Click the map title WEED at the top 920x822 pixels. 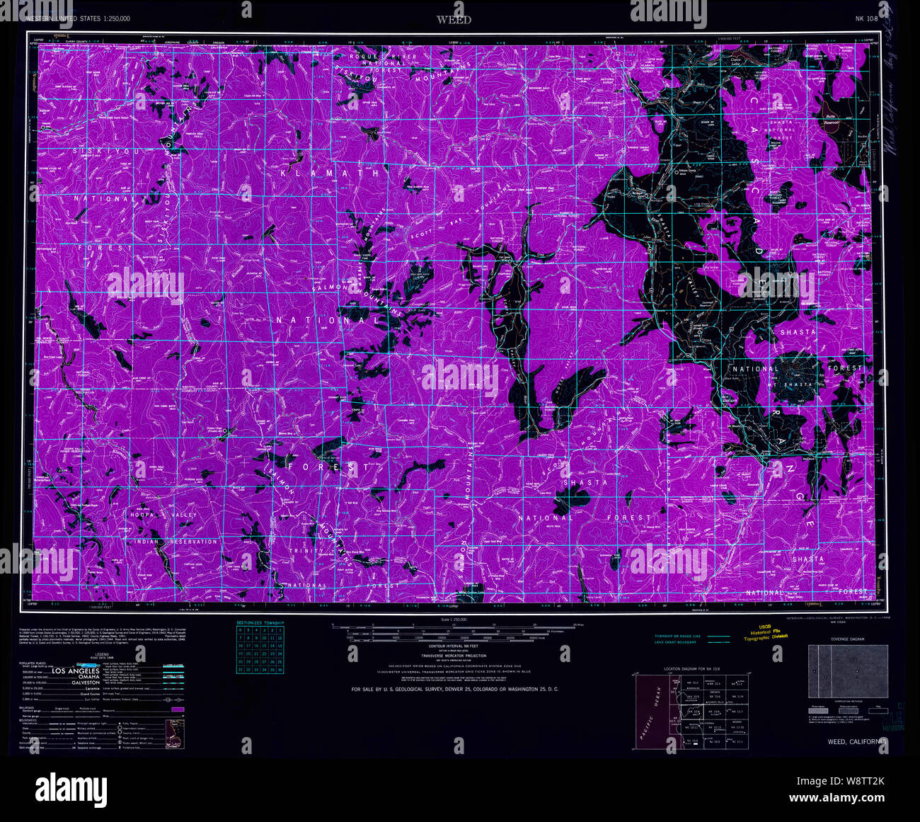454,20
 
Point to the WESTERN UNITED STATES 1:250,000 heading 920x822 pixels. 78,19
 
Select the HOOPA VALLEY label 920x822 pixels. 163,514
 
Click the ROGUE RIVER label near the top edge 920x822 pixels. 383,57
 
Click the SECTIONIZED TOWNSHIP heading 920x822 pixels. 260,623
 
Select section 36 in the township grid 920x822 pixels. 280,669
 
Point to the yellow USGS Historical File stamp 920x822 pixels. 770,632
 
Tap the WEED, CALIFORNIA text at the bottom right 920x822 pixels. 856,741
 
